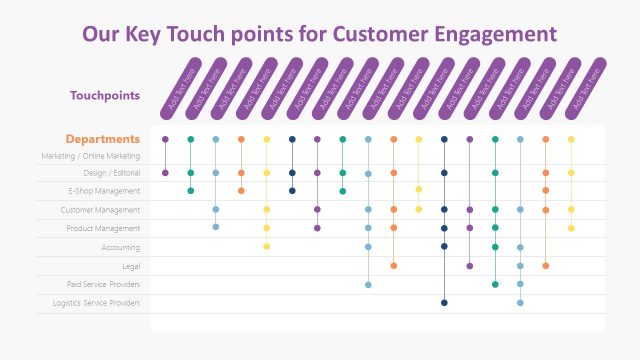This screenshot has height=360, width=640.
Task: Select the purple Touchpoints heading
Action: [x=104, y=96]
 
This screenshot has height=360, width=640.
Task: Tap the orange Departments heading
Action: [x=102, y=139]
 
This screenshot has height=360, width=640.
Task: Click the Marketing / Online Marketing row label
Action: [x=90, y=156]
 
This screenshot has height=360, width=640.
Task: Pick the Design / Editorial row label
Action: [x=105, y=173]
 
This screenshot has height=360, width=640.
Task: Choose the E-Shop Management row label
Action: [x=104, y=190]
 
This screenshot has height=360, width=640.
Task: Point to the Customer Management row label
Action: [x=100, y=210]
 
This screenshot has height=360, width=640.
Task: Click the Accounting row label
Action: [x=120, y=247]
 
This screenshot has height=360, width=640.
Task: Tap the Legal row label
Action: [x=130, y=266]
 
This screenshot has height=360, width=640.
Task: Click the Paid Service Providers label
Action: [x=104, y=284]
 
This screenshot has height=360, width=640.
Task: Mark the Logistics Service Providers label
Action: [x=96, y=302]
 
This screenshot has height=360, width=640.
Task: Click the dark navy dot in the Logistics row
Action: [x=444, y=302]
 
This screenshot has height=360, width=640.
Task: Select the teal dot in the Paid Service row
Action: [x=495, y=284]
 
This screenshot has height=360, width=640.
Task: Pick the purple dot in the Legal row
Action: [x=469, y=266]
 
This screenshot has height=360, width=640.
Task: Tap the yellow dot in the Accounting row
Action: [x=267, y=246]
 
